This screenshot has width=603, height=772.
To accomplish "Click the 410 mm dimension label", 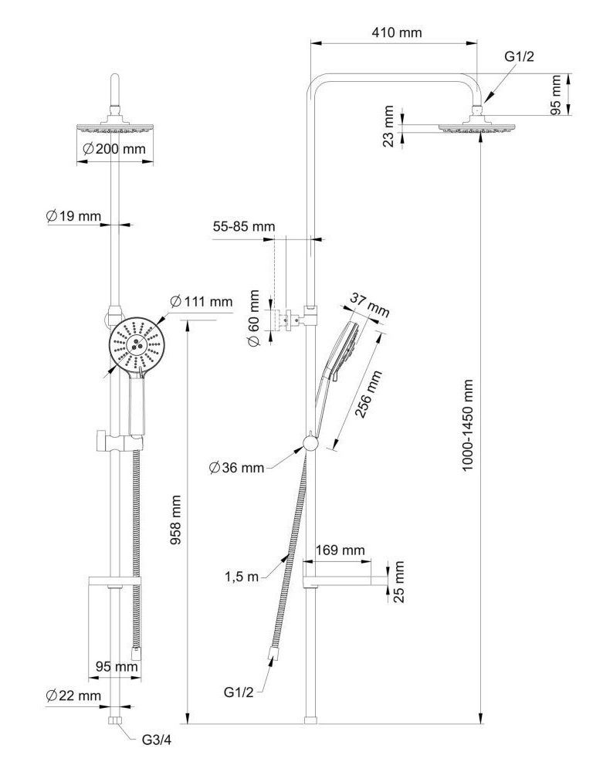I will click(396, 32).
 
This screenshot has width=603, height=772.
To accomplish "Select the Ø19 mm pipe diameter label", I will click(73, 216).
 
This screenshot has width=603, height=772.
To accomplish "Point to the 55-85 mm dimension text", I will click(243, 227).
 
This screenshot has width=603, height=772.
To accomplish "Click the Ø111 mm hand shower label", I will click(200, 301).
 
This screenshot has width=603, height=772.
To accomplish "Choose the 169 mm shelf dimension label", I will click(340, 550).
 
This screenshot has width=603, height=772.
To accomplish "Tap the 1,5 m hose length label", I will click(242, 575).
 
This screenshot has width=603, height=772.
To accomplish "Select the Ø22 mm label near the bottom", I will click(73, 696).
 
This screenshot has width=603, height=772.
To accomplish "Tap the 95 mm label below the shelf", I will click(117, 665).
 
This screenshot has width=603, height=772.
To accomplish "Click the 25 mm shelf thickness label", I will click(398, 582).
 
